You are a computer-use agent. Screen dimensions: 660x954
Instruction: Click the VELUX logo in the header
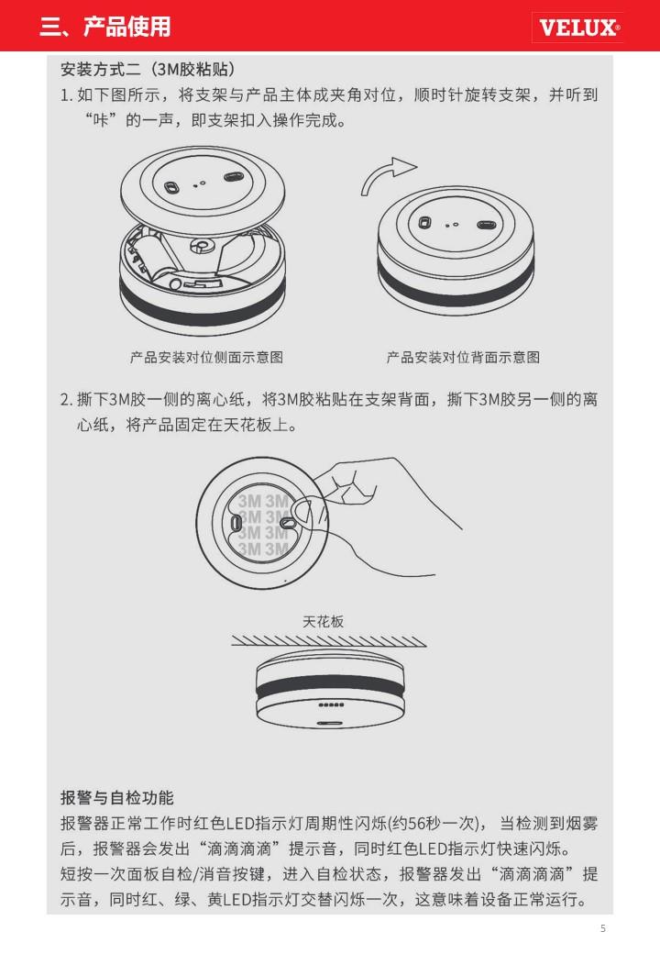point(577,28)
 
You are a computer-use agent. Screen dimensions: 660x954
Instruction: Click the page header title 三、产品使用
point(105,27)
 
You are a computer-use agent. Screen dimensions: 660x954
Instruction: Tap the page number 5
point(603,928)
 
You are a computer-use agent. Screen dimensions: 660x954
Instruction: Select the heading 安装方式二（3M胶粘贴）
point(148,69)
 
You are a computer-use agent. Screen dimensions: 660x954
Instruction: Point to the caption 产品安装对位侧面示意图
point(206,357)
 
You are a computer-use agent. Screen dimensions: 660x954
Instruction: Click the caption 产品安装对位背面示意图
point(463,357)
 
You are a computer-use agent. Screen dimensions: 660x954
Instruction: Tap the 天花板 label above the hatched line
point(324,621)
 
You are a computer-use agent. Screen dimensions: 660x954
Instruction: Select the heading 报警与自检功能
point(117,797)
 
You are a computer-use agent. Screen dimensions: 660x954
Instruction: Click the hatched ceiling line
point(329,640)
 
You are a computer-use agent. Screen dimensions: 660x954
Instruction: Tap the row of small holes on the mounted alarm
point(332,705)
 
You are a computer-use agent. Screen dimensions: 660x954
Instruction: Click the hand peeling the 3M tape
point(377,517)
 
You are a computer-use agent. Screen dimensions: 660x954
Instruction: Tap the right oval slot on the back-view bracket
point(486,226)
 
